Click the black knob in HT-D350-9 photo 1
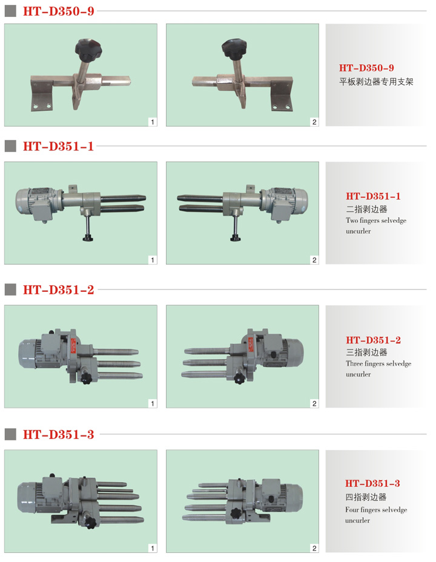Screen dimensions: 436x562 [x=88, y=50]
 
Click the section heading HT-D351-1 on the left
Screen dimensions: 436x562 [x=58, y=146]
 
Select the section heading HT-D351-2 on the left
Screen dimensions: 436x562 [x=58, y=289]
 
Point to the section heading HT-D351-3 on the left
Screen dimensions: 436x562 [x=58, y=434]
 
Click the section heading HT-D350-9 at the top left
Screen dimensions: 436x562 [x=59, y=11]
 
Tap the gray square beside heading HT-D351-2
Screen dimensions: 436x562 [x=10, y=289]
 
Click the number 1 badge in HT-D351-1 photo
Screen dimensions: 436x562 [x=153, y=260]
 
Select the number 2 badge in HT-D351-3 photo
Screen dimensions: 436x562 [x=314, y=548]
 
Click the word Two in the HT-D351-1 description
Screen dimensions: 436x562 [x=352, y=220]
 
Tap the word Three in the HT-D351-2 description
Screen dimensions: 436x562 [x=354, y=363]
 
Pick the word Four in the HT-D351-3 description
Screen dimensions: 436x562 [x=352, y=510]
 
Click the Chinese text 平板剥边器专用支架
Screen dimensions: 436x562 [x=376, y=82]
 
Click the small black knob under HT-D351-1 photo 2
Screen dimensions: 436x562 [x=236, y=237]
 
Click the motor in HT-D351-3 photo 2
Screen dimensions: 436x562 [x=280, y=497]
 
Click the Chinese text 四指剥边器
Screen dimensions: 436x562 [x=366, y=497]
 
